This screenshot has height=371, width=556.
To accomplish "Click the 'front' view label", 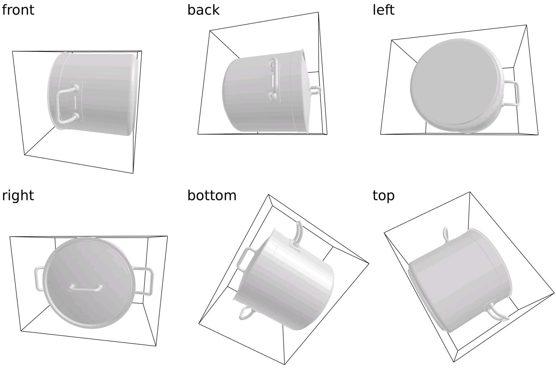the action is (18, 10).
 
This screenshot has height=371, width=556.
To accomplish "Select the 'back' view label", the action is (203, 10).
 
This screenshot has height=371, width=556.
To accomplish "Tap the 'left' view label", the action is (383, 10).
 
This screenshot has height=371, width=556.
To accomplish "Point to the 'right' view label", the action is (18, 196).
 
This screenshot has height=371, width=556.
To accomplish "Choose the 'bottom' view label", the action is (212, 195).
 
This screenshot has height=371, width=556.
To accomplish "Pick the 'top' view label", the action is (383, 196).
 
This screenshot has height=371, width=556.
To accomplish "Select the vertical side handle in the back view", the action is (274, 79).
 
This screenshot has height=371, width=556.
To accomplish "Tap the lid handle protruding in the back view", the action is (315, 90).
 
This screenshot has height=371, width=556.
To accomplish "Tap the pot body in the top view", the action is (459, 281).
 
